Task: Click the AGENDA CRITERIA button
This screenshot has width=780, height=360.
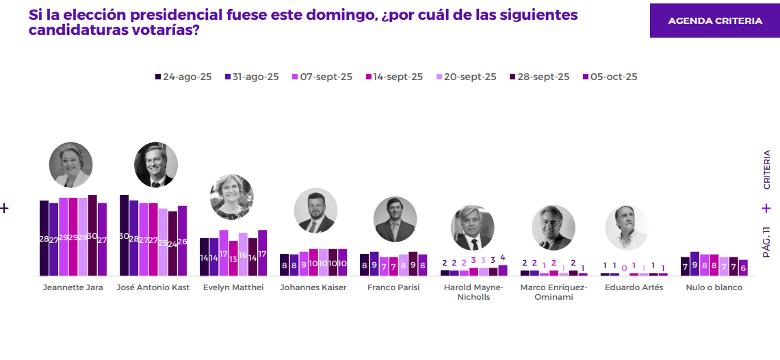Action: point(715,21)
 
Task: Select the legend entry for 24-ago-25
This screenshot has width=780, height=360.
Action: point(183,77)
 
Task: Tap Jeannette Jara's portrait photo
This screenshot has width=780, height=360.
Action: point(70,165)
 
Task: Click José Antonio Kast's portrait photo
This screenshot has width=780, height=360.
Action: point(156,165)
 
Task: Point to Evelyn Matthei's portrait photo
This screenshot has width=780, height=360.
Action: point(231,196)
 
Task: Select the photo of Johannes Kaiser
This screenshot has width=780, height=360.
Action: point(315,210)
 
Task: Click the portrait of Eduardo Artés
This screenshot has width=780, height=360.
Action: point(626,227)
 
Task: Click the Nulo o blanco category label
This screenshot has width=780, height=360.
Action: point(714,287)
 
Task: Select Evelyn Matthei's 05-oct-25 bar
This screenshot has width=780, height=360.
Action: point(262,253)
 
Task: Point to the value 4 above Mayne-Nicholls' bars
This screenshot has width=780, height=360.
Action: point(503,258)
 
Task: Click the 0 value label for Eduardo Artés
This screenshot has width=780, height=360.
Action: point(624,268)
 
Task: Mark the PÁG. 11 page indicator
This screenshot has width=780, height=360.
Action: point(766,242)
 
